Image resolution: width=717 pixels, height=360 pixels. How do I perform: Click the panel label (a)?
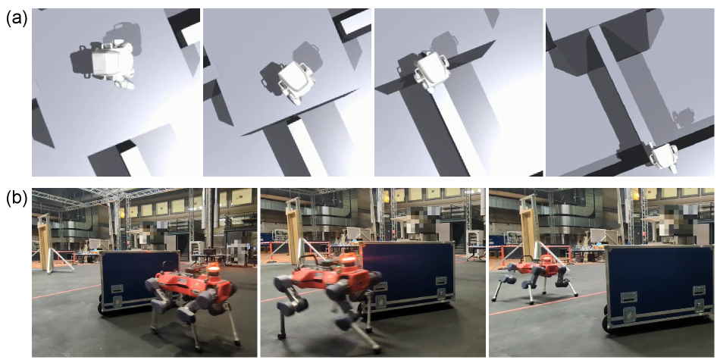click(17, 20)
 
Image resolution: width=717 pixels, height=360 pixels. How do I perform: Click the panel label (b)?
click(17, 198)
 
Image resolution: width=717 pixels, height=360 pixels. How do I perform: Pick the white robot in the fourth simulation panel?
click(663, 156)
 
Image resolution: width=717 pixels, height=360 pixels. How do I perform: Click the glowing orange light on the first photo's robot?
click(213, 269)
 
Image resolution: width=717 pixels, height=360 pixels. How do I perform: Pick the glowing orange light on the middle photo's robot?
click(349, 259)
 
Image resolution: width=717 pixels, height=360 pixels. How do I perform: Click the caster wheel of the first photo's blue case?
click(101, 308)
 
